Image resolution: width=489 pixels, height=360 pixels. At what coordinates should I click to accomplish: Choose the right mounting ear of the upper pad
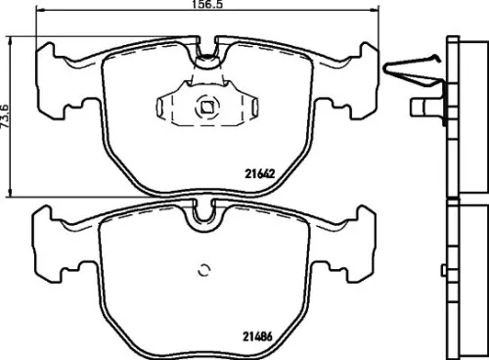[362, 73]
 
